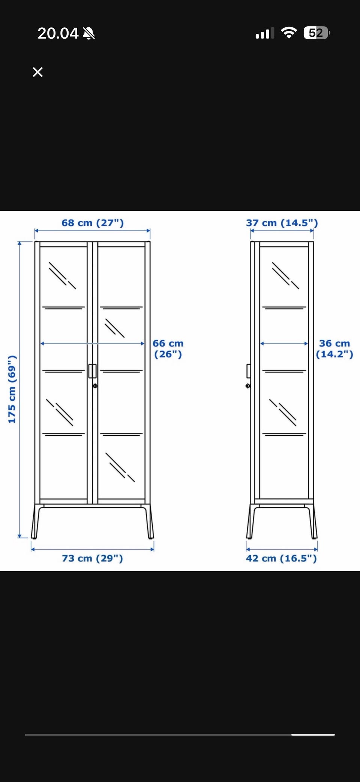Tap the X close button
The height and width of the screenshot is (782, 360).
click(37, 72)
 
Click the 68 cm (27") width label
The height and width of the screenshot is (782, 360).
click(93, 223)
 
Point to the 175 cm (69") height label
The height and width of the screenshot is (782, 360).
click(12, 389)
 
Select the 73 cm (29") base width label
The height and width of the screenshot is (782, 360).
click(92, 558)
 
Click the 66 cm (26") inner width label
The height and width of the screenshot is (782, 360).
click(168, 349)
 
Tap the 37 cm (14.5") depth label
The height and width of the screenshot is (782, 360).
click(282, 223)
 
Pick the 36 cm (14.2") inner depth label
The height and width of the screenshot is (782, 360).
click(334, 349)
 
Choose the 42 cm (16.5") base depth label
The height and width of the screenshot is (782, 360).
click(281, 558)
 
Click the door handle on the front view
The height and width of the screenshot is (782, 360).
click(93, 371)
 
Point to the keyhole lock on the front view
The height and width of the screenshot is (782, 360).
click(95, 386)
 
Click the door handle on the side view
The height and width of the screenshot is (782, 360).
click(248, 371)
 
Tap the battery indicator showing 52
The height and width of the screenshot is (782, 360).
click(317, 33)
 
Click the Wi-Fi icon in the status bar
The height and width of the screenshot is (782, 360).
click(288, 33)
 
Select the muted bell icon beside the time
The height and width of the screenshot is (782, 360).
click(89, 33)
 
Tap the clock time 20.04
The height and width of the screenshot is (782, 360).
click(58, 33)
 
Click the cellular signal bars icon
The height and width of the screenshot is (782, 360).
click(265, 33)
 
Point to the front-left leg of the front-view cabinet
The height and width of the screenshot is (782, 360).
click(35, 521)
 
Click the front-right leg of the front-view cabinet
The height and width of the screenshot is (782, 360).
click(150, 521)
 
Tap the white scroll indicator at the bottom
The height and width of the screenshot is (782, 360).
click(313, 735)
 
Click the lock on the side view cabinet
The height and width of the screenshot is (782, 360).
click(248, 386)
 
